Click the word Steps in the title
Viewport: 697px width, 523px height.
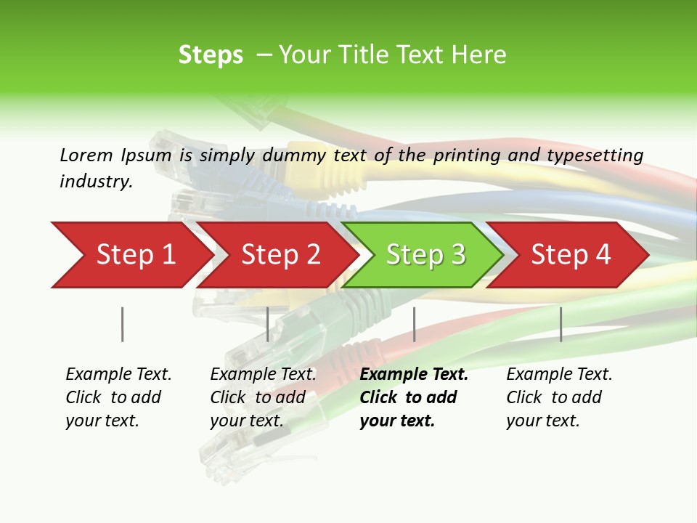pyautogui.click(x=211, y=55)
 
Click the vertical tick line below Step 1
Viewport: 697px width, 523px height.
pyautogui.click(x=123, y=324)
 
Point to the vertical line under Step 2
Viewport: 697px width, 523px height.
pyautogui.click(x=268, y=324)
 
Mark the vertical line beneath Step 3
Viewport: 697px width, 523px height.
pyautogui.click(x=415, y=324)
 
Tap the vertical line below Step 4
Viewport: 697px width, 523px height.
pyautogui.click(x=561, y=324)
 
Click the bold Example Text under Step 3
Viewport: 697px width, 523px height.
pyautogui.click(x=414, y=375)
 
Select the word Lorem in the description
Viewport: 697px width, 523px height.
pyautogui.click(x=86, y=155)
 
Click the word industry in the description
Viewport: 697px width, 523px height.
pyautogui.click(x=96, y=182)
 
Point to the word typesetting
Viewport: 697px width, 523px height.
pyautogui.click(x=595, y=155)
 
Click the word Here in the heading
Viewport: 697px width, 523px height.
pyautogui.click(x=479, y=55)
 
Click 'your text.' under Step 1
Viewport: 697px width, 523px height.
pyautogui.click(x=102, y=421)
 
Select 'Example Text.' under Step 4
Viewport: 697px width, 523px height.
pyautogui.click(x=559, y=375)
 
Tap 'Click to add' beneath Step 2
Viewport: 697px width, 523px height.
pyautogui.click(x=258, y=397)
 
